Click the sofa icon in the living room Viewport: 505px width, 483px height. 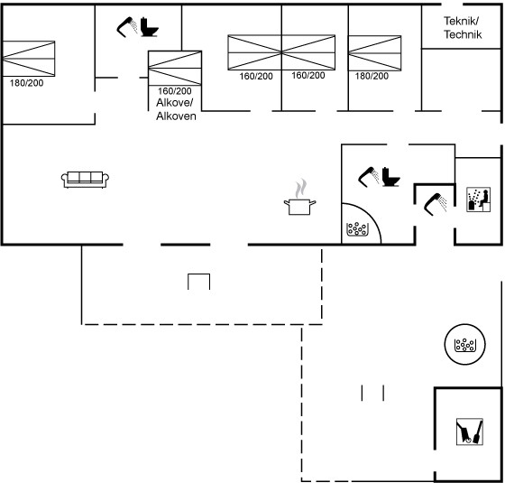85,180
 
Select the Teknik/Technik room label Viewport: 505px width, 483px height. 463,28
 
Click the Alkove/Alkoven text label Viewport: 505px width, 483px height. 176,109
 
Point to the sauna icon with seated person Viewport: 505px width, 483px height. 479,200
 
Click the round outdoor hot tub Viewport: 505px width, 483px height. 464,344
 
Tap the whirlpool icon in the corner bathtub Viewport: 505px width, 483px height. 357,229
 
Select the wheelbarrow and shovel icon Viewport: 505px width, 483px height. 470,432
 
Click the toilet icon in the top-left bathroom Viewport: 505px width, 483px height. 149,27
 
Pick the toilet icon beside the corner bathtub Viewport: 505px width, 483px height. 391,177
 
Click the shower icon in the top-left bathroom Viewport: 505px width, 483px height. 127,27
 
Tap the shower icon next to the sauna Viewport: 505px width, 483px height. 435,204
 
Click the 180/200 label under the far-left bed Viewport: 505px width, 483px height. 26,83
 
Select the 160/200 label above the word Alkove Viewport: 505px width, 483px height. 175,91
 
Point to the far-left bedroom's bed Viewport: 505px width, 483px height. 29,59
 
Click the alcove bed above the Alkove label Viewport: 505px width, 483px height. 175,68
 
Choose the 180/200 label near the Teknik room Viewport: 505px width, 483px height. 372,76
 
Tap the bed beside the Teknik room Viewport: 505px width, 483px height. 374,53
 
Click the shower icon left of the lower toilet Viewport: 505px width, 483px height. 369,177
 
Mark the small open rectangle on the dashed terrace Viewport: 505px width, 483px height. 199,274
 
